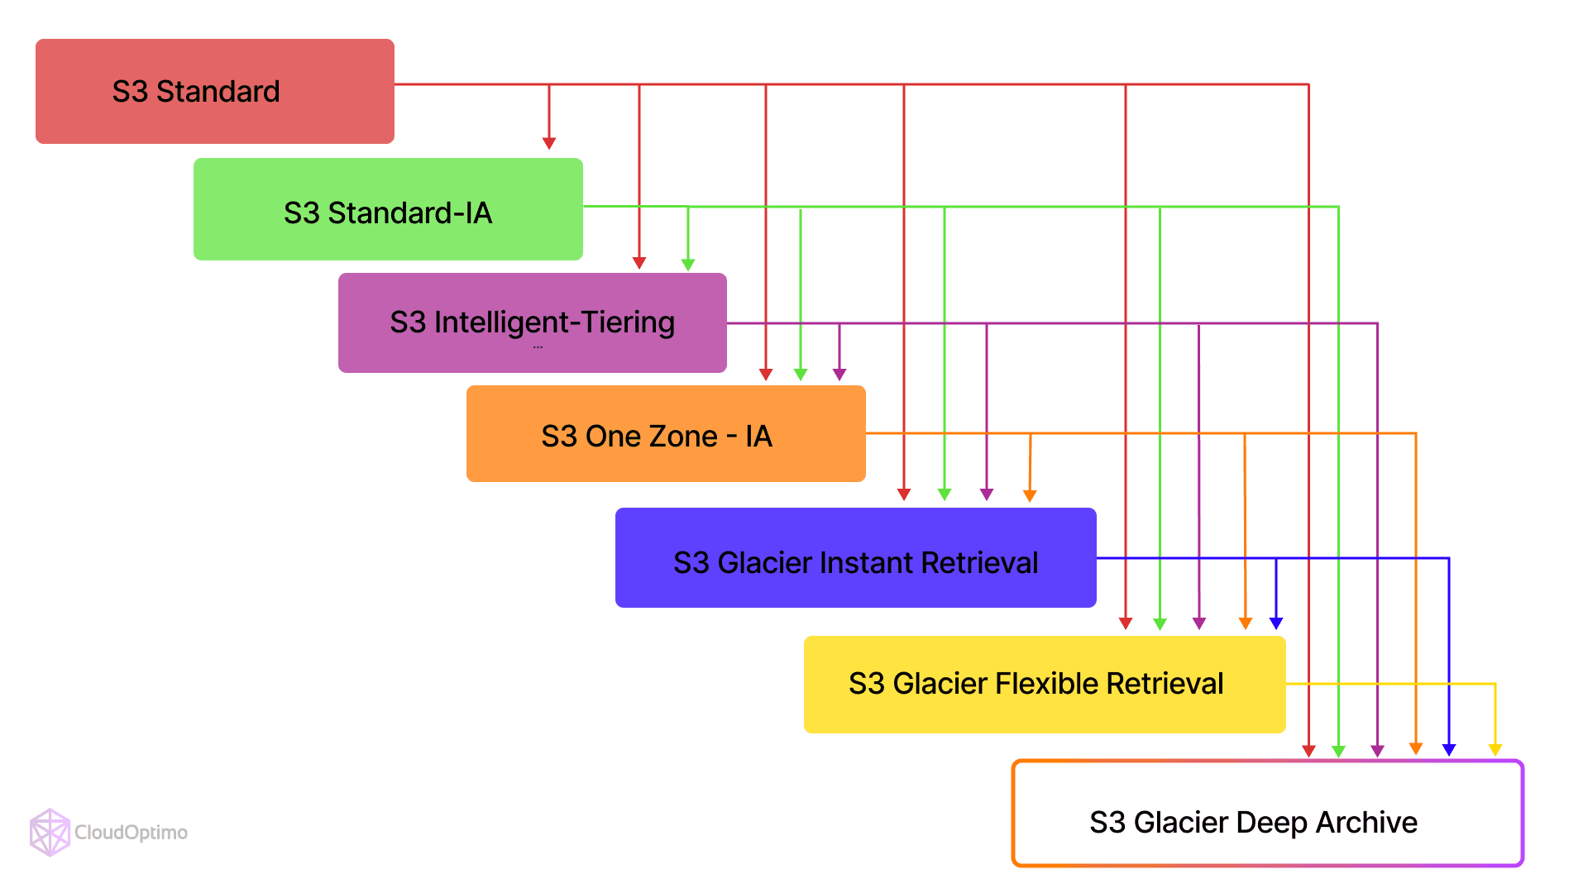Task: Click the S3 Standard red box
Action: coord(214,91)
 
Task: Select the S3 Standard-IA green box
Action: coord(387,210)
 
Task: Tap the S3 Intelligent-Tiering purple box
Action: coord(532,322)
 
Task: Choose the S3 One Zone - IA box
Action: coord(665,434)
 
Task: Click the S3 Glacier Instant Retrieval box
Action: coord(855,558)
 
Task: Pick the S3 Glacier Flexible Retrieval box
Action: coord(1044,685)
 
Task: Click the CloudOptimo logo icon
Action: coord(50,832)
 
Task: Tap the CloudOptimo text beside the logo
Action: coord(131,833)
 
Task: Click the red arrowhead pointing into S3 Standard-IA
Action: coord(549,144)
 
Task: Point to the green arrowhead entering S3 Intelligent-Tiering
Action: coord(688,265)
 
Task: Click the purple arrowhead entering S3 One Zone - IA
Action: coord(839,375)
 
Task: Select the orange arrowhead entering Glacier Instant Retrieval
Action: coord(1030,495)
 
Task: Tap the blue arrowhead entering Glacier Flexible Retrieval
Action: coord(1276,623)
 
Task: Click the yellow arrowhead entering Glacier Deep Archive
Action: coord(1495,749)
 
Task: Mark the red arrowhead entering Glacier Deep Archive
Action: coord(1308,751)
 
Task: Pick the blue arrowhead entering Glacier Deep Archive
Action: coord(1449,749)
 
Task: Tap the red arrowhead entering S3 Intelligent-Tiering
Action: coord(639,263)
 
